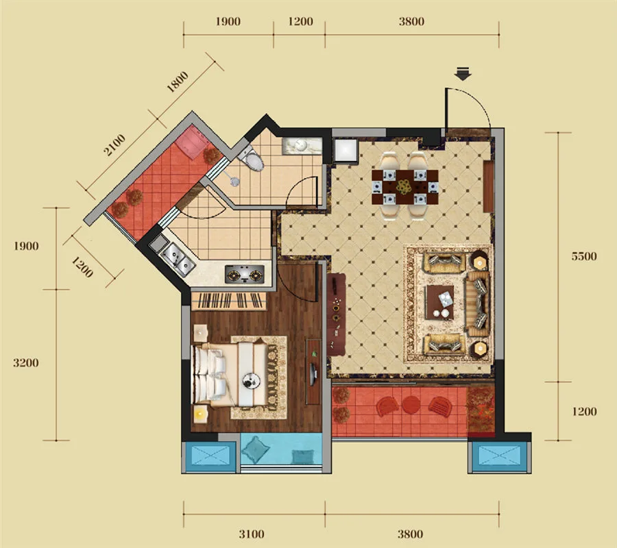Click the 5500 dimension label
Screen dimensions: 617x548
[x=584, y=256]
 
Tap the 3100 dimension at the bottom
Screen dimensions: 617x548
[x=252, y=534]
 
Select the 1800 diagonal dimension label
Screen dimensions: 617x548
[x=178, y=82]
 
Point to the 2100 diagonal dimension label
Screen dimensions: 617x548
[x=114, y=145]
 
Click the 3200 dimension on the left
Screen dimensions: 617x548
[x=26, y=362]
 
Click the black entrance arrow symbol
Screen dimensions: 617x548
[x=463, y=74]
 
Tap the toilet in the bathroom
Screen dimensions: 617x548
[x=252, y=159]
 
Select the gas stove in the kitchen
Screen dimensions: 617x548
[x=244, y=274]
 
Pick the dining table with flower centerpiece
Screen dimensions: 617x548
[x=405, y=187]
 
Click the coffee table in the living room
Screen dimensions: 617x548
[x=440, y=302]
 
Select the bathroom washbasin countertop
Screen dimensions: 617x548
[x=302, y=146]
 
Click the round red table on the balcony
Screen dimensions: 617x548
[x=411, y=405]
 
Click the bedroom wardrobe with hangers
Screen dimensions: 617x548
[x=229, y=301]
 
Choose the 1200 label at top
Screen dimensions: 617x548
[x=300, y=21]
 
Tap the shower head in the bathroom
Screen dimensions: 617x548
[x=234, y=181]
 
